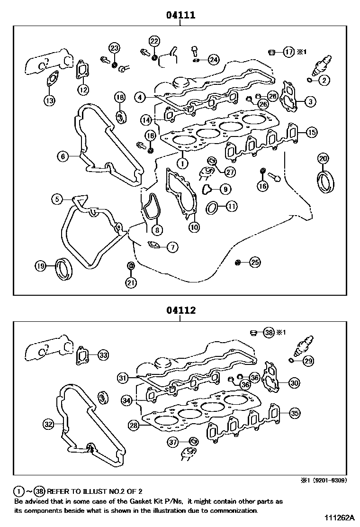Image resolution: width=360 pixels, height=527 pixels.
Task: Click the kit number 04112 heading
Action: coord(180,311)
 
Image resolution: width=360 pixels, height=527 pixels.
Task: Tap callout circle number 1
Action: coord(182,163)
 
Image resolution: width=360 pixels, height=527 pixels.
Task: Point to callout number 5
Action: coord(57,200)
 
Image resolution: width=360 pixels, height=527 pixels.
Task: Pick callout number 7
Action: coord(172,246)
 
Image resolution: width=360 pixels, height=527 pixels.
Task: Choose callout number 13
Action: coord(49,100)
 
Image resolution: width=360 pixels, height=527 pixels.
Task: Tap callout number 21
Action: coord(131,282)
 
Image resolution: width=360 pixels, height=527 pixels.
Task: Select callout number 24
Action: coord(214,60)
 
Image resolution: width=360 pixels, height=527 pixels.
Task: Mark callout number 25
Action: coord(255,262)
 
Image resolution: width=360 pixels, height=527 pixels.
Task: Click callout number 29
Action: coord(308,361)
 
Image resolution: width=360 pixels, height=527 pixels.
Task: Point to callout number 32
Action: coord(48,424)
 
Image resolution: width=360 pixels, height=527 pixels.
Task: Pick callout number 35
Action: coord(295,413)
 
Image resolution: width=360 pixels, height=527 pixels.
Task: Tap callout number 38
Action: coord(269,333)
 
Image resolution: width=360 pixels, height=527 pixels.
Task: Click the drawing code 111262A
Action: coord(340,518)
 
